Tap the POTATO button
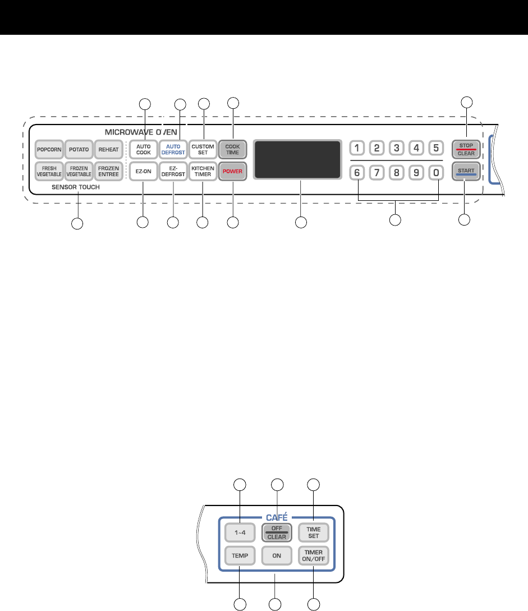pos(79,150)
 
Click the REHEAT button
pos(108,150)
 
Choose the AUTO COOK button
pos(143,150)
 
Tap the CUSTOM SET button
pos(203,150)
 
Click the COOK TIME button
pos(232,150)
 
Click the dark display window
pos(297,159)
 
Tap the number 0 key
pos(435,173)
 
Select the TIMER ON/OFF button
pos(313,555)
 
